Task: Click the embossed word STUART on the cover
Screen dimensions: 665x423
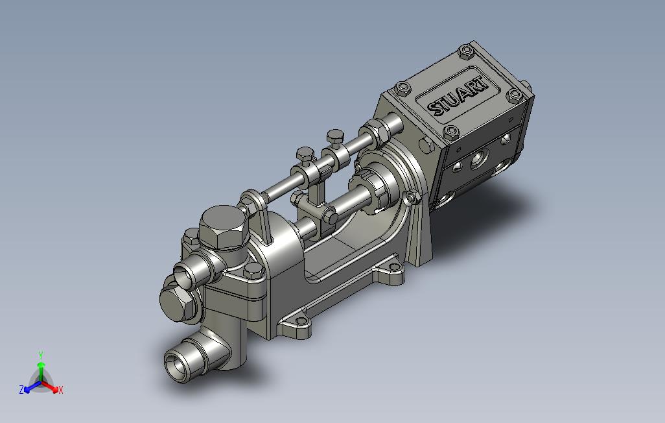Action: coord(457,96)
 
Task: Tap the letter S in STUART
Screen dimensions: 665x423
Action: coord(435,108)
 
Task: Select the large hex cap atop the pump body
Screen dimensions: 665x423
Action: coord(224,227)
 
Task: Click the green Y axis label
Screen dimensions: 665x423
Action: coord(41,355)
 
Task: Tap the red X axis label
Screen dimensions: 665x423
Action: coord(61,390)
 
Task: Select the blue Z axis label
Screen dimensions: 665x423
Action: coord(21,389)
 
